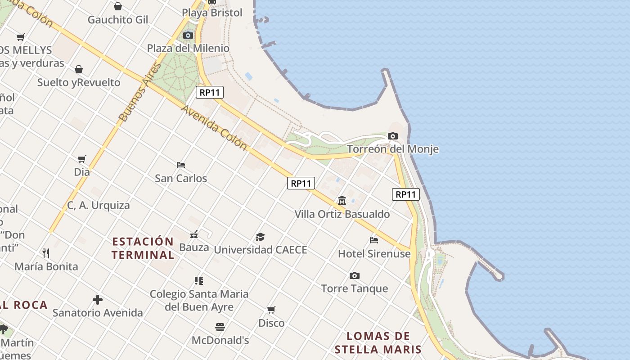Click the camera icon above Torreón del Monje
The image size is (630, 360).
click(x=392, y=136)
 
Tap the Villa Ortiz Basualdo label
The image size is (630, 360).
click(x=342, y=214)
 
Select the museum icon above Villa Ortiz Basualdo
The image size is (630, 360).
click(x=342, y=200)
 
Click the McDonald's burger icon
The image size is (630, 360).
click(x=220, y=327)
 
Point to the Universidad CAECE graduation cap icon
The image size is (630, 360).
click(x=260, y=237)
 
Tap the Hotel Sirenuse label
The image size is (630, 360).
click(x=374, y=254)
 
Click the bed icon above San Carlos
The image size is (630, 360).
click(x=181, y=165)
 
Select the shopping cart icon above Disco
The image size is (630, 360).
click(x=271, y=310)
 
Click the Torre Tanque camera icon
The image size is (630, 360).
click(x=355, y=275)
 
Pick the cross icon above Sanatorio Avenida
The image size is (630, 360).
click(x=98, y=300)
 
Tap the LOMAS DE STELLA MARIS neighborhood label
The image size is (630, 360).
click(x=378, y=342)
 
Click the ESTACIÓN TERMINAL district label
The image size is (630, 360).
click(x=143, y=248)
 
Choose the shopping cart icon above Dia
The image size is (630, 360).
click(x=81, y=159)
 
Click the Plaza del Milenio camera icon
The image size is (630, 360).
click(x=188, y=35)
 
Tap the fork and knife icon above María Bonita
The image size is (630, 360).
click(x=46, y=253)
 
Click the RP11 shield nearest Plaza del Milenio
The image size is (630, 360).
click(x=210, y=93)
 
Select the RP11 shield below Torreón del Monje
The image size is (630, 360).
click(x=405, y=194)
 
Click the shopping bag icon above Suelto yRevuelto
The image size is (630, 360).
click(x=79, y=69)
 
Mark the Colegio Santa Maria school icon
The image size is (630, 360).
click(x=199, y=281)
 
